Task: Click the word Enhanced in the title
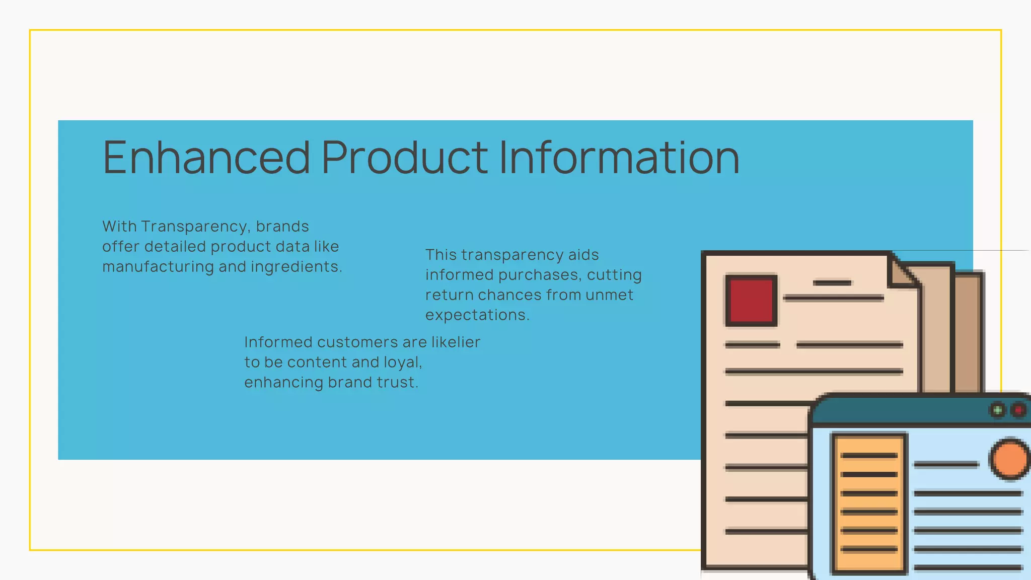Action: pos(206,158)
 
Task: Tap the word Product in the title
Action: pos(405,158)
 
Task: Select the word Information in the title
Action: pos(619,158)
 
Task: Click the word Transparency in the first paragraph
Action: pos(195,227)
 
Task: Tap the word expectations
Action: pos(477,315)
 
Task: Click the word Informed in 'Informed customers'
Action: pos(277,342)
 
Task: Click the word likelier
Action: pos(456,342)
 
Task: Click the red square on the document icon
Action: pos(751,301)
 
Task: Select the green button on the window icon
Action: pos(997,410)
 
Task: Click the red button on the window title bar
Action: pos(1018,410)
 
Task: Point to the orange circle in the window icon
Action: pos(1009,459)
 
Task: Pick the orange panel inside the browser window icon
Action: pos(869,503)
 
